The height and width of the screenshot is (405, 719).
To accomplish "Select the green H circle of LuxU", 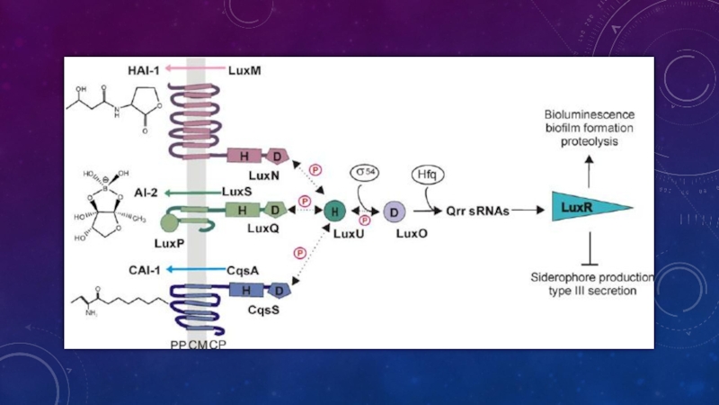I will (x=334, y=211).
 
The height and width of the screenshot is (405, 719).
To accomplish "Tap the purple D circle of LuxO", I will (x=394, y=211).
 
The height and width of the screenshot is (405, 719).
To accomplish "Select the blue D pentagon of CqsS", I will (x=280, y=291).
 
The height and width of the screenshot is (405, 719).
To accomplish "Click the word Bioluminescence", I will (x=590, y=116).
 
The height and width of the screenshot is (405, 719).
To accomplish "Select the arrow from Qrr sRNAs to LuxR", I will (x=531, y=212).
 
